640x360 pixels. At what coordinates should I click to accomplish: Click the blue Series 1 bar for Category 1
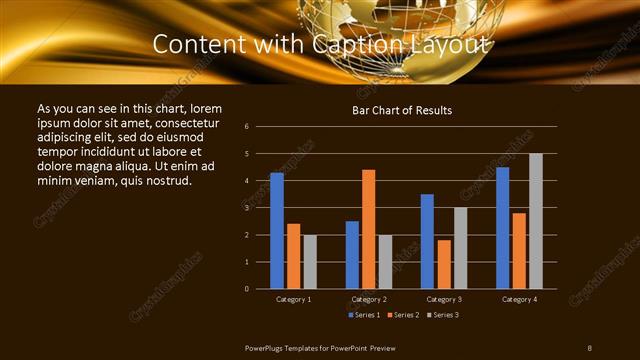coord(277,231)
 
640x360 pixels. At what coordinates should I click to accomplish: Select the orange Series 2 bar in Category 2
coord(369,229)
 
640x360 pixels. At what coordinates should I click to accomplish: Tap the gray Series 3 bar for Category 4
coord(536,221)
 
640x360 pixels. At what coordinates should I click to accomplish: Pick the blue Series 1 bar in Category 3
coord(427,241)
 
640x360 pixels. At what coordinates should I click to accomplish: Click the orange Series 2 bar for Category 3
coord(444,264)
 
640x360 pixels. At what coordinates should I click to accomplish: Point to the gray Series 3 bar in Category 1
coord(310,261)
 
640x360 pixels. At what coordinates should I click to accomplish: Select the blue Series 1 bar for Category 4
coord(503,228)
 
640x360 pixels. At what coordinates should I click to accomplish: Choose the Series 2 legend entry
coord(403,315)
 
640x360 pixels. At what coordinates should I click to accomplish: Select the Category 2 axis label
coord(369,299)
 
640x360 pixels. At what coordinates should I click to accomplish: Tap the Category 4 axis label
coord(519,299)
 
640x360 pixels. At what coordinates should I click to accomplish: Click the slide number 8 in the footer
coord(590,347)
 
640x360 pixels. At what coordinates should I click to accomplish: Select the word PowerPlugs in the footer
coord(268,347)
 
